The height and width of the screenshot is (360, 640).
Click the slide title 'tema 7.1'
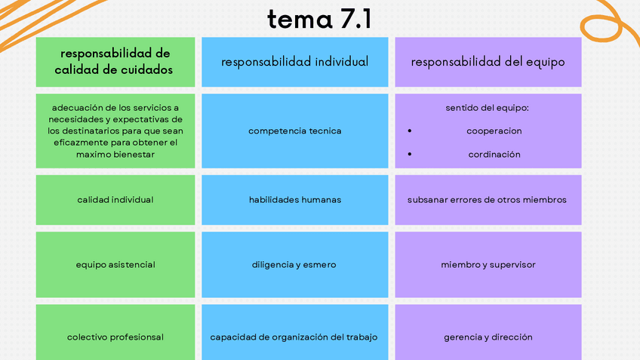pos(319,20)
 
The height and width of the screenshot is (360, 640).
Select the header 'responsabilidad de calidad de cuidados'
pos(115,62)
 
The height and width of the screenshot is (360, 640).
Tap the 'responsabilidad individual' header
pos(294,62)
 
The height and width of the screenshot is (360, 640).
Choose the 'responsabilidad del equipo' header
pos(488,62)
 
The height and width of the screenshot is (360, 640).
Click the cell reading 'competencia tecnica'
pos(294,131)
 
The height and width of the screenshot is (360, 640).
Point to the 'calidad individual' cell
pos(115,200)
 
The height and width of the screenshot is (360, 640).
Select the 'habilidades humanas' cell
pos(294,200)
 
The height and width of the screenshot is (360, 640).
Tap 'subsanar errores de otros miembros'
pos(487,200)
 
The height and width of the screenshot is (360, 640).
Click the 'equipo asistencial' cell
pos(115,265)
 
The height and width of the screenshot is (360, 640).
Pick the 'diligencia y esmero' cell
pos(294,265)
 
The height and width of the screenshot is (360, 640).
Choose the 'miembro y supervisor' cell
pos(488,265)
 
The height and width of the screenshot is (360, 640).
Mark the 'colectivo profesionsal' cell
pos(115,337)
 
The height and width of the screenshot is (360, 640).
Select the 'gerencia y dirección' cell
pos(488,337)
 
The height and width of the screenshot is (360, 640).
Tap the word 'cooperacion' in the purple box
pos(494,131)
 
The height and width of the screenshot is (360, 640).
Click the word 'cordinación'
pos(494,155)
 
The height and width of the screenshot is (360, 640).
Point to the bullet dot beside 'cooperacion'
pos(409,131)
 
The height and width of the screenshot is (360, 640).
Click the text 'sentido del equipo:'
pos(488,108)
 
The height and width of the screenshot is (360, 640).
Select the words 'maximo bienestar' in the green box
pos(115,155)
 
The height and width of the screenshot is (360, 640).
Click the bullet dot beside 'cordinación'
pos(409,155)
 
